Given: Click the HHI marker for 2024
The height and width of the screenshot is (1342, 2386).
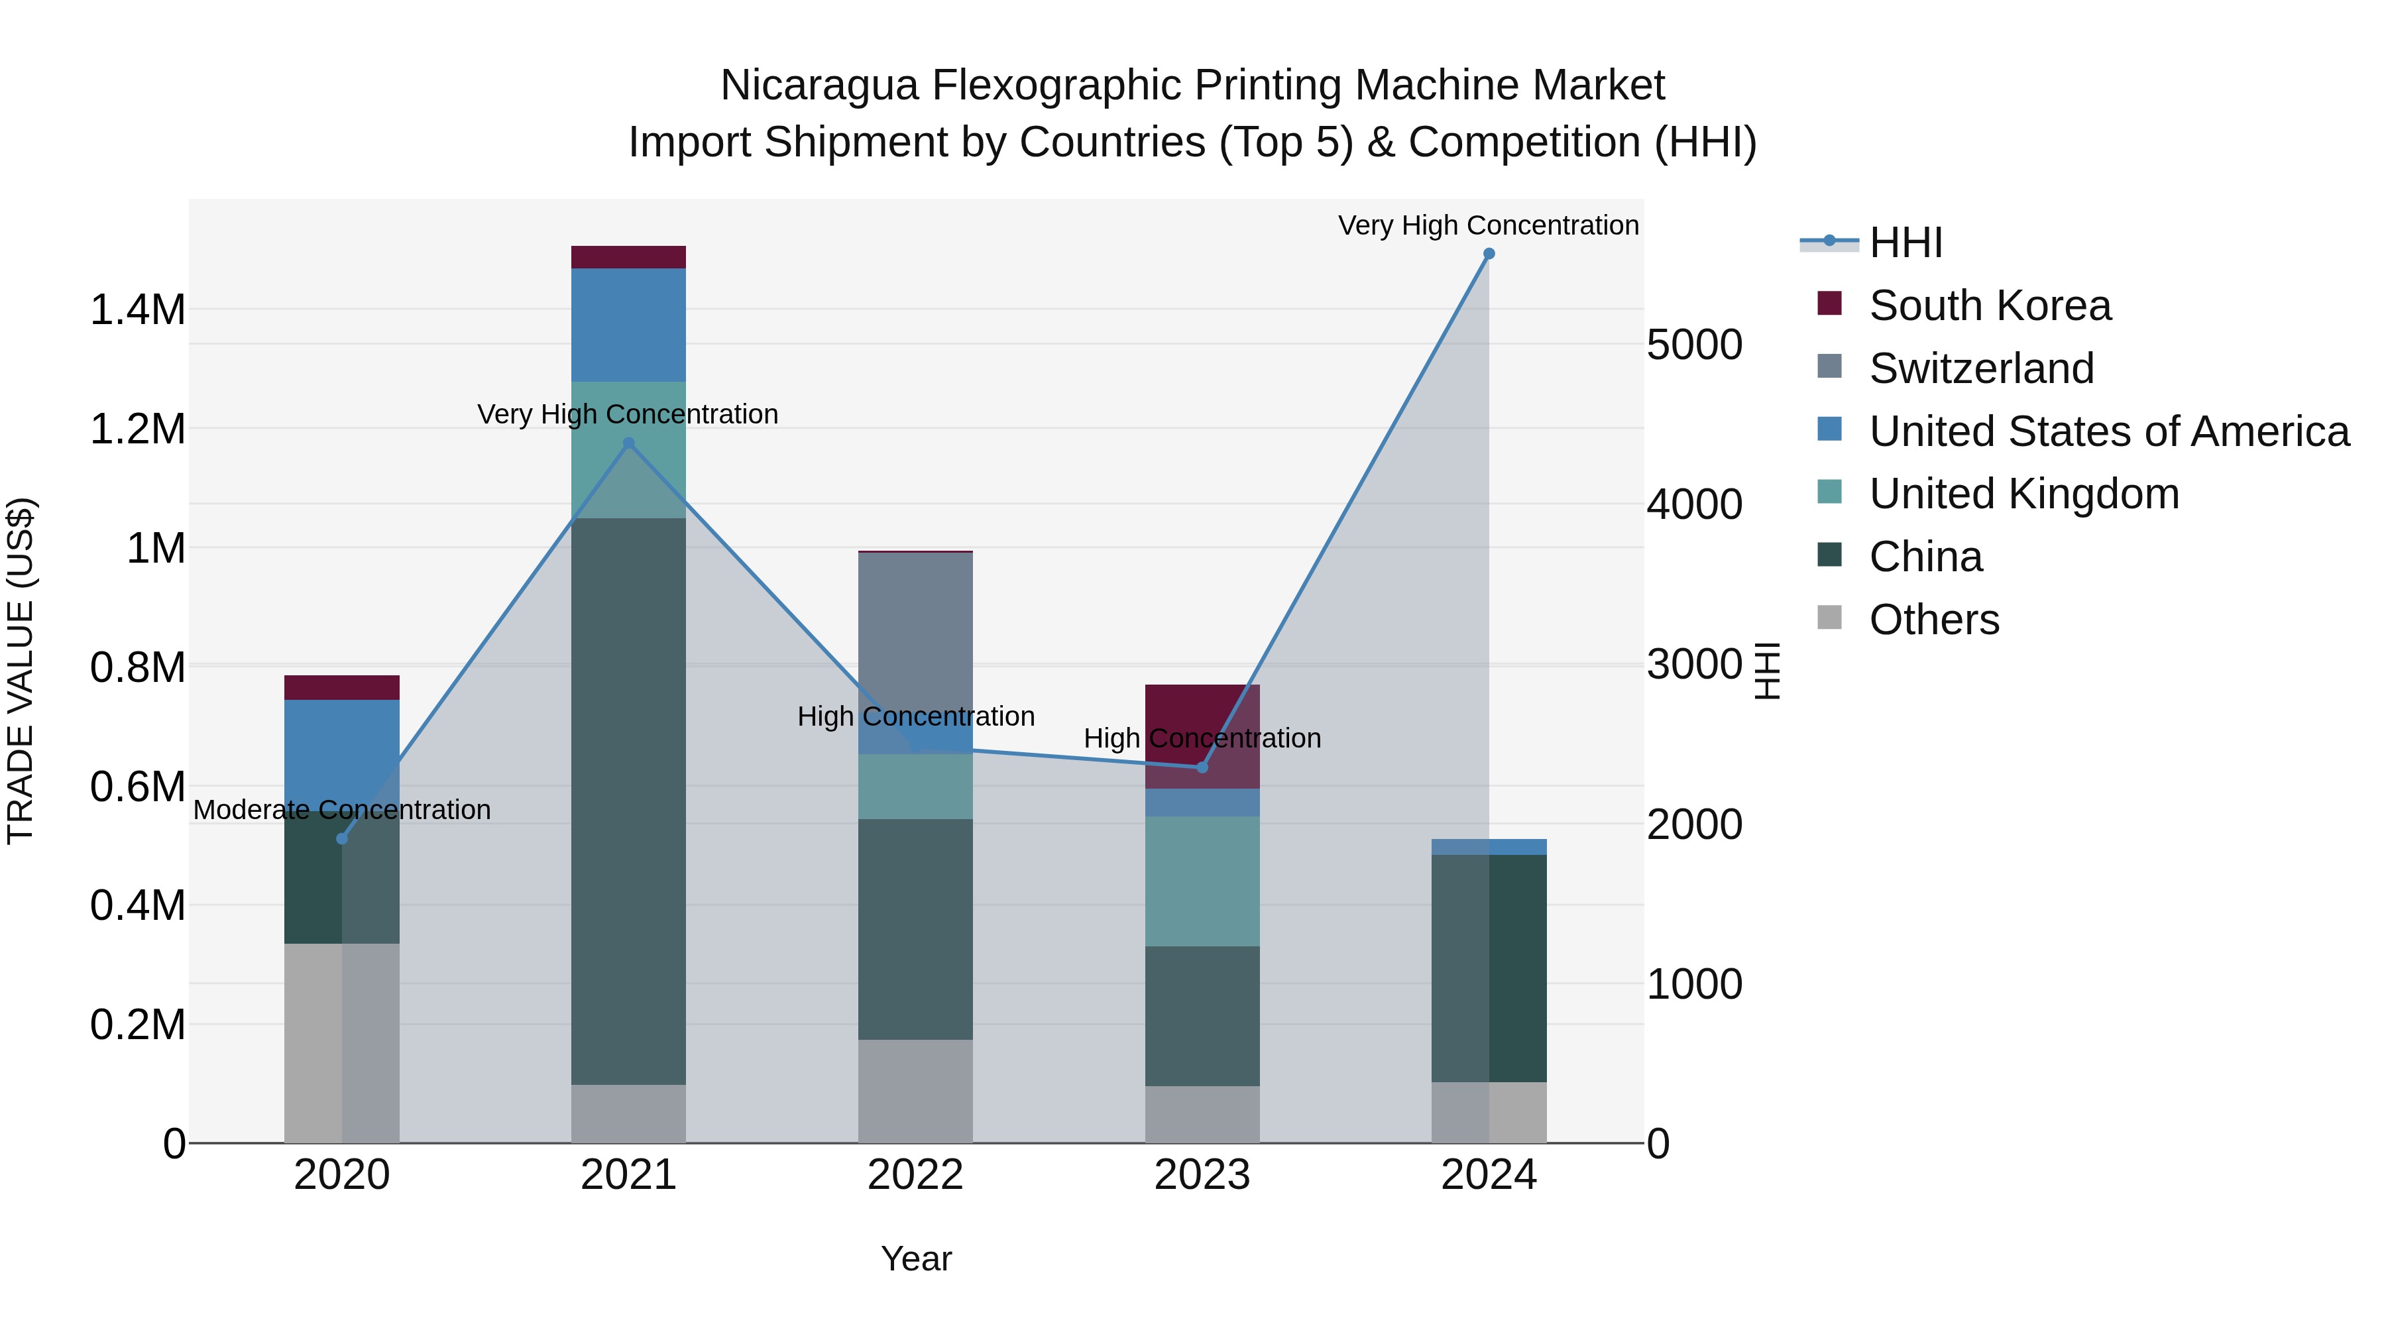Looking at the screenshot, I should coord(1489,254).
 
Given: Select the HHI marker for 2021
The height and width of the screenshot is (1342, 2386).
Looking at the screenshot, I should coord(629,443).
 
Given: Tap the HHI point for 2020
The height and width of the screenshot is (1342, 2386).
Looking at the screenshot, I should coord(342,839).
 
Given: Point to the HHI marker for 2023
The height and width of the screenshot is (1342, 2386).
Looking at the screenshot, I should coord(1202,767).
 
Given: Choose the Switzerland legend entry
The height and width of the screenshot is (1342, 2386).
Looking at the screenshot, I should coord(1980,368).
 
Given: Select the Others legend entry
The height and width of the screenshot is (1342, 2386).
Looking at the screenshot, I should coord(1933,620).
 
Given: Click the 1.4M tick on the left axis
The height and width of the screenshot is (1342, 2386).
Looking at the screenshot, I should coord(138,309).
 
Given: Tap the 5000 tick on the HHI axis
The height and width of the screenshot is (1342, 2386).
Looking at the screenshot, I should coord(1694,345).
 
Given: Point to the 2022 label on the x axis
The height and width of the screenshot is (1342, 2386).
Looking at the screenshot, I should coord(915,1175).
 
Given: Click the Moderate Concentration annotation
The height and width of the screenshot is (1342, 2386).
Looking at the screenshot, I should coord(342,811).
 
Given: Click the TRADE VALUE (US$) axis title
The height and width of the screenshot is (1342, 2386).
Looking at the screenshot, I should coord(21,671).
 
